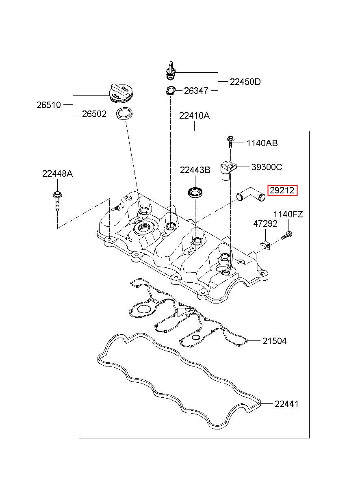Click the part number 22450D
pyautogui.click(x=245, y=82)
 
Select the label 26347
pyautogui.click(x=196, y=91)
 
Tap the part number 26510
pyautogui.click(x=49, y=105)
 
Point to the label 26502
pyautogui.click(x=94, y=114)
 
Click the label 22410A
pyautogui.click(x=195, y=116)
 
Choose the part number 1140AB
pyautogui.click(x=262, y=143)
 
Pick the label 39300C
pyautogui.click(x=267, y=167)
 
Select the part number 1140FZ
pyautogui.click(x=288, y=215)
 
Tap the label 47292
pyautogui.click(x=265, y=224)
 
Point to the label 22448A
pyautogui.click(x=57, y=174)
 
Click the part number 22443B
pyautogui.click(x=195, y=170)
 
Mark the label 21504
pyautogui.click(x=274, y=341)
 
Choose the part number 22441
pyautogui.click(x=286, y=404)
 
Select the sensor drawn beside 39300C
pyautogui.click(x=228, y=170)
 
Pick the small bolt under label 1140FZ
pyautogui.click(x=287, y=235)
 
